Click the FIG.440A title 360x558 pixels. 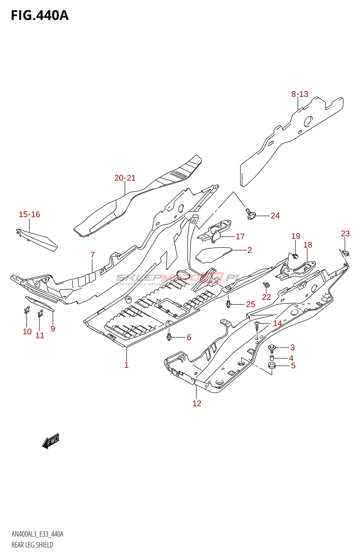(40, 15)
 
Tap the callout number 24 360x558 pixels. (275, 216)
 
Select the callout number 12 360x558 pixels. (197, 404)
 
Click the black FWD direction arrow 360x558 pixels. (51, 441)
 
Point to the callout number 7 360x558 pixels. (92, 255)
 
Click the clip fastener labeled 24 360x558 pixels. (250, 214)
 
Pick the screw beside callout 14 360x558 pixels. (257, 327)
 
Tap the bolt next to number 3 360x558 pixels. (272, 347)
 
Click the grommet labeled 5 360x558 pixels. (272, 365)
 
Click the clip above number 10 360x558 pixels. (27, 310)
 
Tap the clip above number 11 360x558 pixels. (40, 313)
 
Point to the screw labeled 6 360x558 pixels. (169, 337)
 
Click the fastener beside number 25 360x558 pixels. (228, 303)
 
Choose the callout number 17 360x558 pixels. (240, 236)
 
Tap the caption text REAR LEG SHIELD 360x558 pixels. (32, 545)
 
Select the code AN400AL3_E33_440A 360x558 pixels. (37, 534)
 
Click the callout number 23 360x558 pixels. (345, 234)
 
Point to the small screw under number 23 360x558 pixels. (346, 253)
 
